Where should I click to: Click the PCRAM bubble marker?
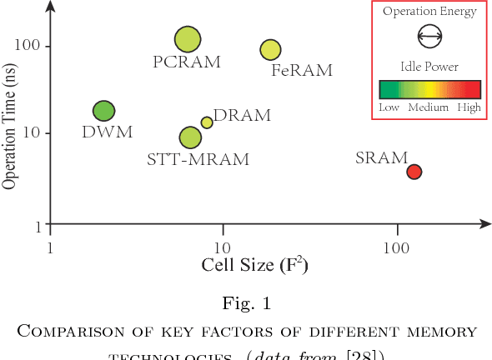[188, 39]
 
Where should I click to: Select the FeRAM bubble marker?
[270, 50]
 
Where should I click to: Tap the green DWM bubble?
[103, 111]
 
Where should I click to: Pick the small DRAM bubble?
[207, 122]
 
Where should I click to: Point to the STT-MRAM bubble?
[190, 137]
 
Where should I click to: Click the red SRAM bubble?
[414, 172]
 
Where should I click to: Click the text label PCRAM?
[187, 62]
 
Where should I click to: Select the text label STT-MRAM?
[198, 160]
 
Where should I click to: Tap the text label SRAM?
[381, 157]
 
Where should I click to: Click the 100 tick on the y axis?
[31, 46]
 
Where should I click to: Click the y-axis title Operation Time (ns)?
[11, 118]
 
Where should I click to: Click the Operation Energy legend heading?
[429, 12]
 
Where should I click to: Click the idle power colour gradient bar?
[429, 89]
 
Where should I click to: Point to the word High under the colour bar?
[469, 107]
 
